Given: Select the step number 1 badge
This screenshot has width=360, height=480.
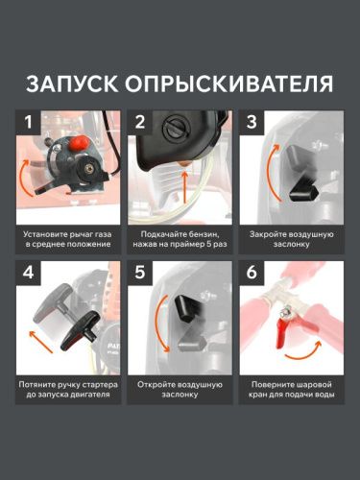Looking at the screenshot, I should click(x=30, y=123).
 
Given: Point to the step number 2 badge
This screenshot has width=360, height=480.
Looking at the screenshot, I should click(x=140, y=123).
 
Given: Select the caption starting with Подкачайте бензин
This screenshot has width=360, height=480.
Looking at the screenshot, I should click(x=180, y=240).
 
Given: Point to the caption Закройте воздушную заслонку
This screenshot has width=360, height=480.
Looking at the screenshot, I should click(x=291, y=240).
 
